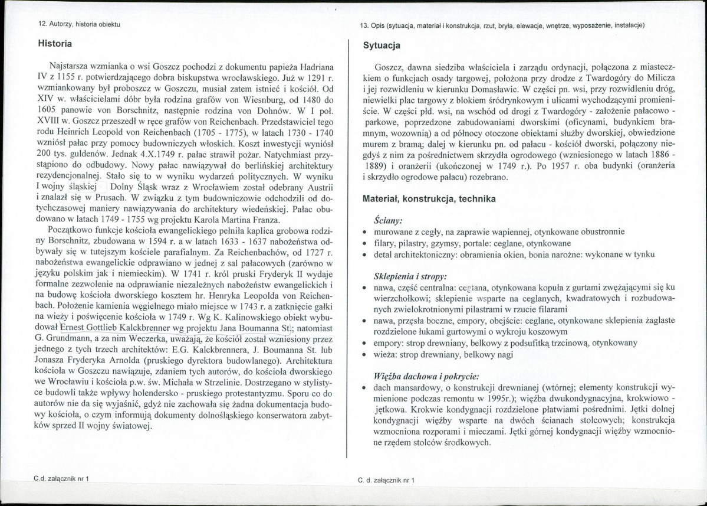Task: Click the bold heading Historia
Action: tap(55, 44)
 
